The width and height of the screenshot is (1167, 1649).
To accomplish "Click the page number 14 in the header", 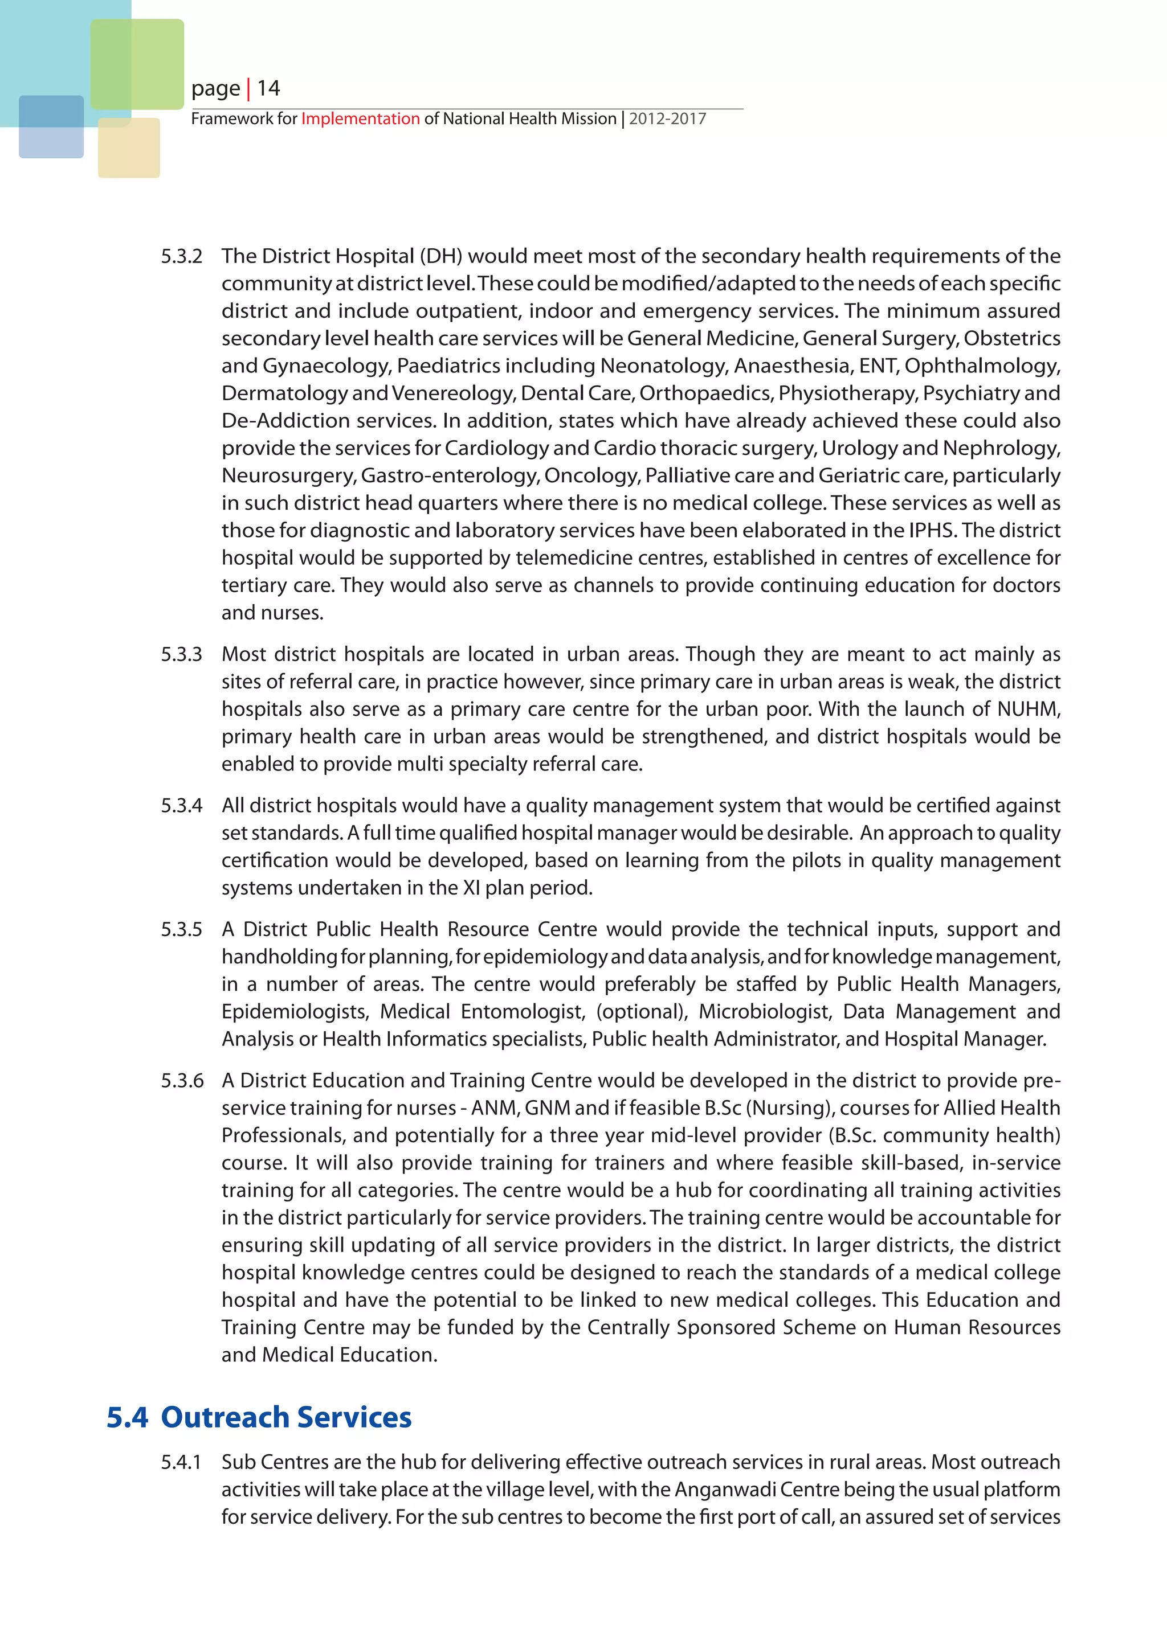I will (269, 88).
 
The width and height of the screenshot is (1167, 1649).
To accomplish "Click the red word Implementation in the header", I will (360, 118).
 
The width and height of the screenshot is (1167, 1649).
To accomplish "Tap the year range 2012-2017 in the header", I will (668, 118).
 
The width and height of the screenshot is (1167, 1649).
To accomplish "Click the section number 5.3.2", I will (181, 256).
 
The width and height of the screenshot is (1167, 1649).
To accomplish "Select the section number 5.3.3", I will (181, 654).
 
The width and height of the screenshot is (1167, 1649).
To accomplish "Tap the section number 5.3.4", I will (181, 806).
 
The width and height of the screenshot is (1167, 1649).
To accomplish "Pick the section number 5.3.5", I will (181, 929).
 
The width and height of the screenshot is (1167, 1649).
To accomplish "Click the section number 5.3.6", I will (182, 1081).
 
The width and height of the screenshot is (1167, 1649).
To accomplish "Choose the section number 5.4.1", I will (181, 1462).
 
